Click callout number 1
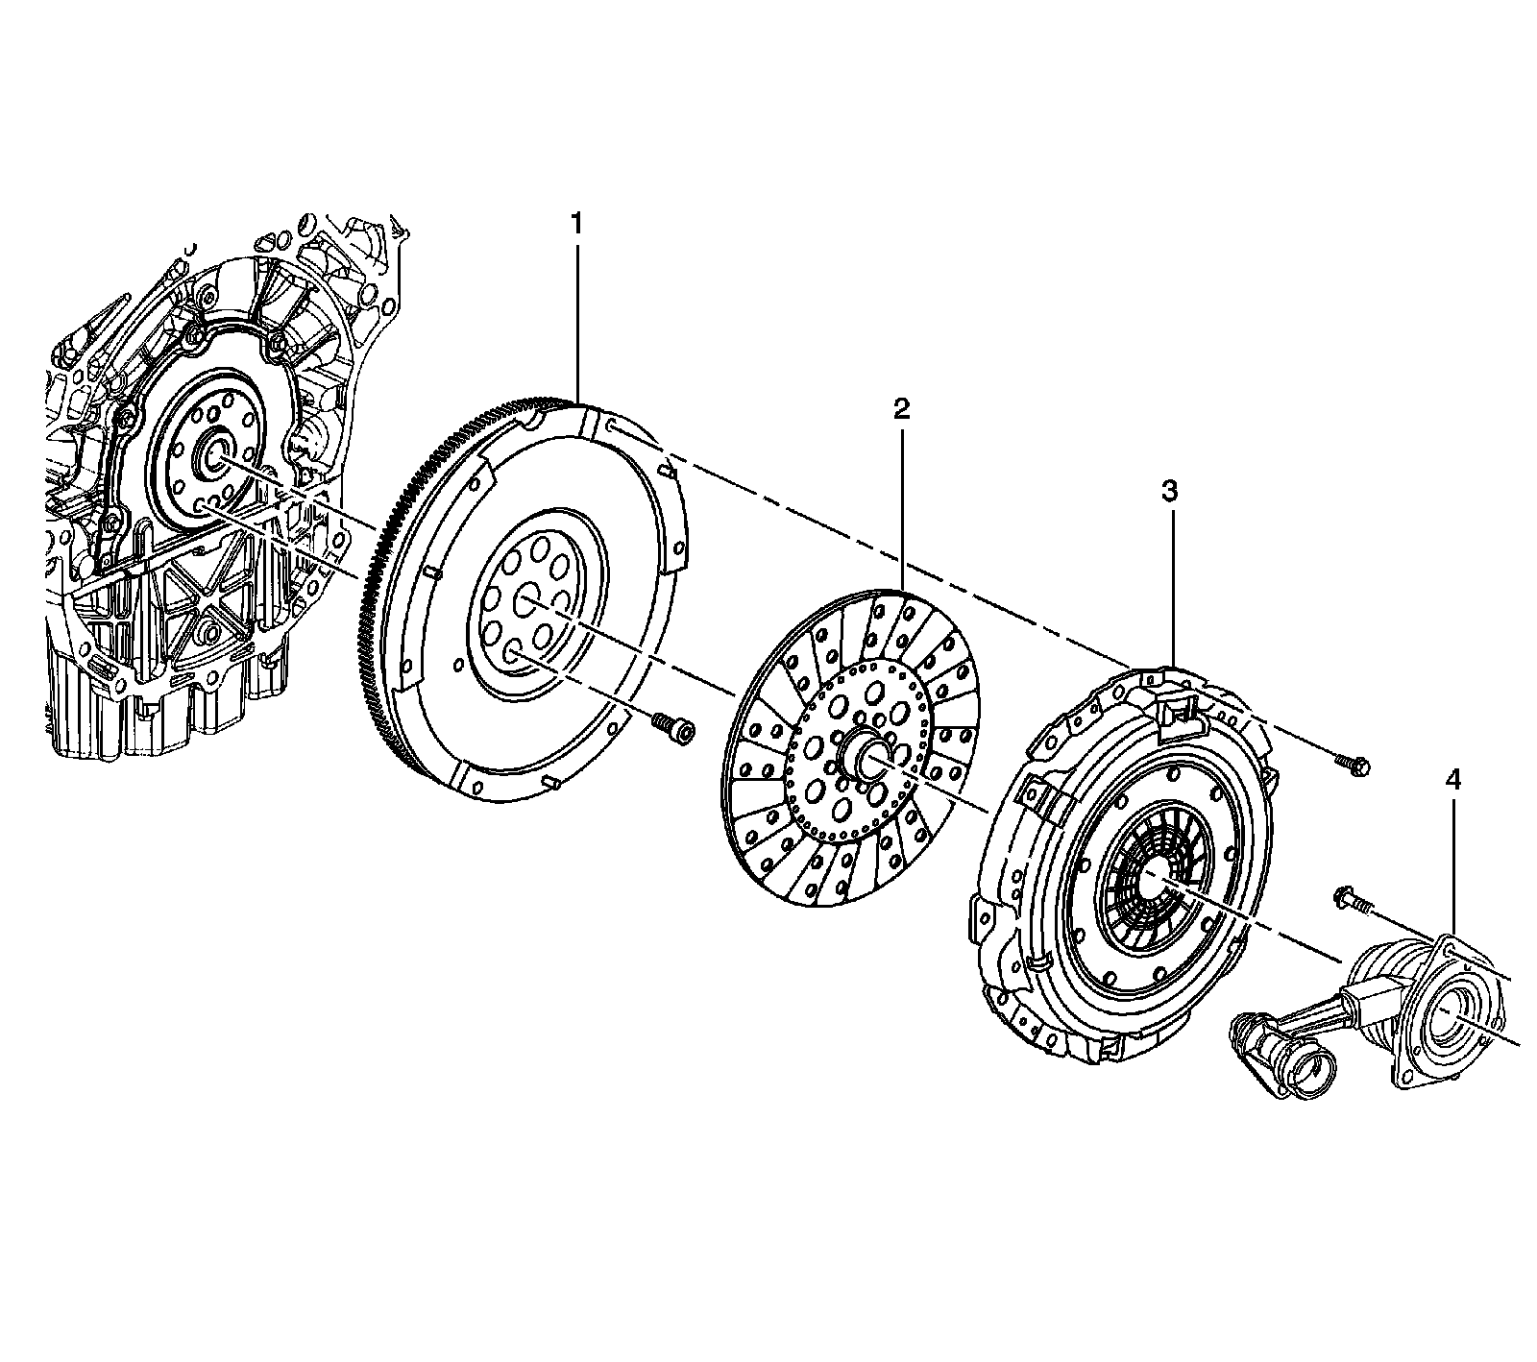(576, 224)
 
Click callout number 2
(900, 410)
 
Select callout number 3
(1169, 492)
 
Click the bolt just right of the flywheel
(670, 727)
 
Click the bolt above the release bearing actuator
(1350, 898)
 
